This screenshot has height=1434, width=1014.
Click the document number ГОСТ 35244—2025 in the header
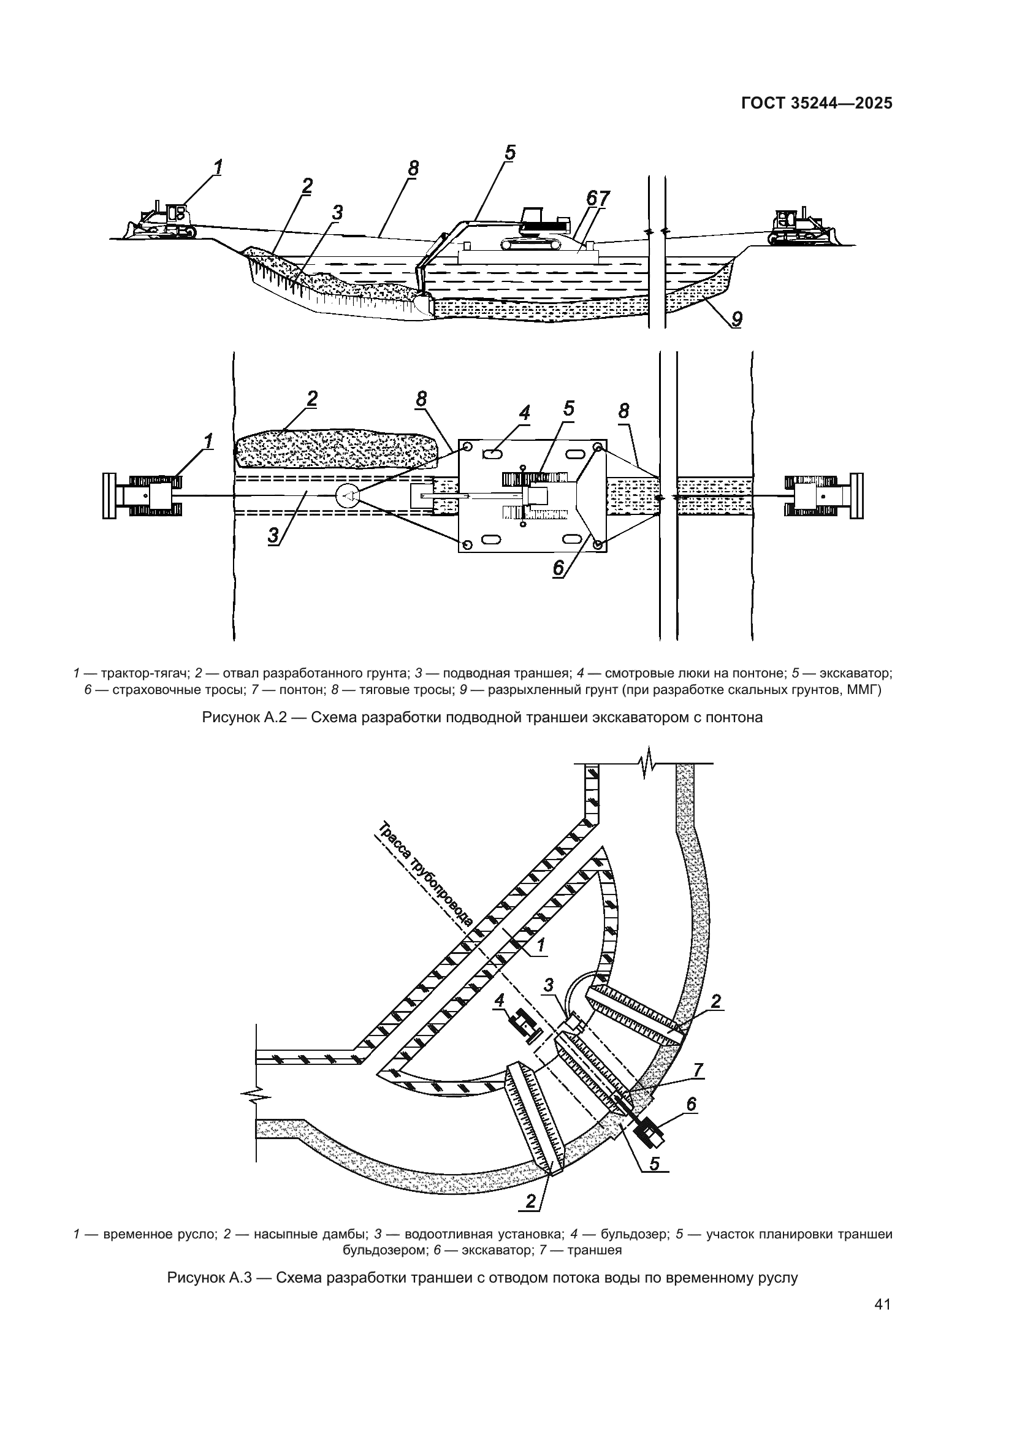click(x=816, y=104)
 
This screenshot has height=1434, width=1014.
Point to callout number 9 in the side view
click(x=736, y=319)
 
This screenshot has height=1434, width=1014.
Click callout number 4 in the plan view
click(x=525, y=413)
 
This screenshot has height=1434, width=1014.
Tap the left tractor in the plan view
click(x=143, y=496)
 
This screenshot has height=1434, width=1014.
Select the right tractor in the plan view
click(x=824, y=496)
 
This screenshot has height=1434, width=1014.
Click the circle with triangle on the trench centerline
click(x=347, y=495)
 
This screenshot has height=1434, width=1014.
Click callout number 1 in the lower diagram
click(x=540, y=946)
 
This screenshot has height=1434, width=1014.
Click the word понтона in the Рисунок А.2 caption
click(x=734, y=717)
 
